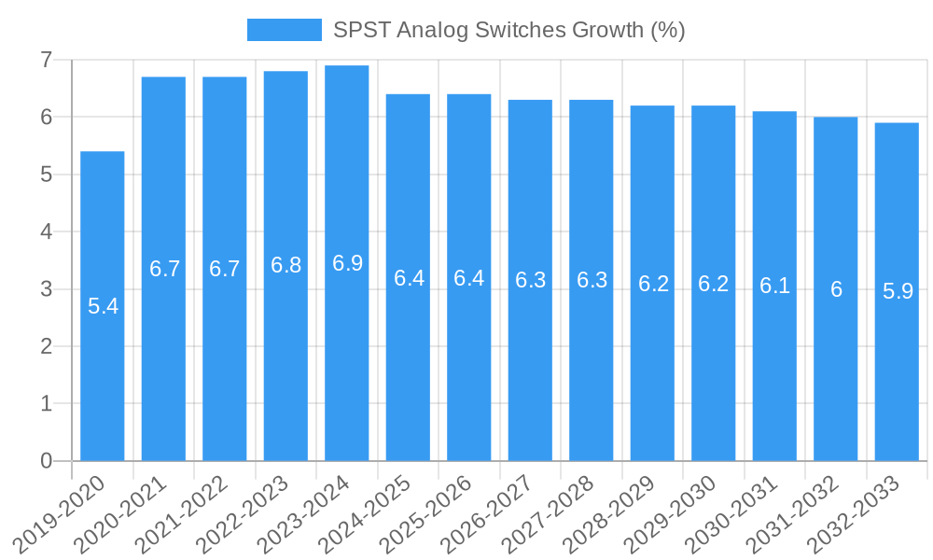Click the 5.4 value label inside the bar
103,306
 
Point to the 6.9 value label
347,263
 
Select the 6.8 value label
286,265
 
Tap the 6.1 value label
774,287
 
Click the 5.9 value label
897,291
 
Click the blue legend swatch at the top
284,30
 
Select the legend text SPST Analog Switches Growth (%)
509,30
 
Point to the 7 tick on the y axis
46,61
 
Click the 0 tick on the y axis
46,461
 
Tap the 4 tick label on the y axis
46,232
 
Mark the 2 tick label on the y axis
46,346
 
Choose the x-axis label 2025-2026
425,514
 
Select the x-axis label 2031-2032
792,514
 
